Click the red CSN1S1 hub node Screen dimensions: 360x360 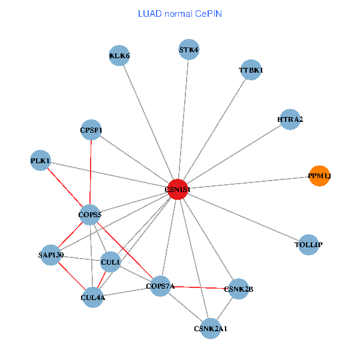pos(178,189)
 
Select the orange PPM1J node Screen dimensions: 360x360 pos(319,176)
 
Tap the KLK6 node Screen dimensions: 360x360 pos(119,56)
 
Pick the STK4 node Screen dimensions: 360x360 pos(189,49)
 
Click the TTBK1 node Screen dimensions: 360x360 pos(251,70)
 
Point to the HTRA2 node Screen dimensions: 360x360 pos(290,119)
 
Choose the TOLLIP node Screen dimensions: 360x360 pos(308,245)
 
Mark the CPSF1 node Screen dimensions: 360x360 pos(92,130)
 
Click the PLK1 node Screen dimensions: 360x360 pos(40,160)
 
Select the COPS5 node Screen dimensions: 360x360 pos(90,214)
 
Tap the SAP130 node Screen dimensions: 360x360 pos(51,255)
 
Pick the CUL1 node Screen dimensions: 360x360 pos(110,262)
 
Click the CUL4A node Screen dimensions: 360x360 pos(92,296)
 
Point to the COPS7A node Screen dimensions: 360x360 pos(160,286)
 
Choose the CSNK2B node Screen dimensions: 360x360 pos(239,289)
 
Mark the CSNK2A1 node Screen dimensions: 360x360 pos(211,329)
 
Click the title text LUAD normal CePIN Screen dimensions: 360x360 pos(180,13)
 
